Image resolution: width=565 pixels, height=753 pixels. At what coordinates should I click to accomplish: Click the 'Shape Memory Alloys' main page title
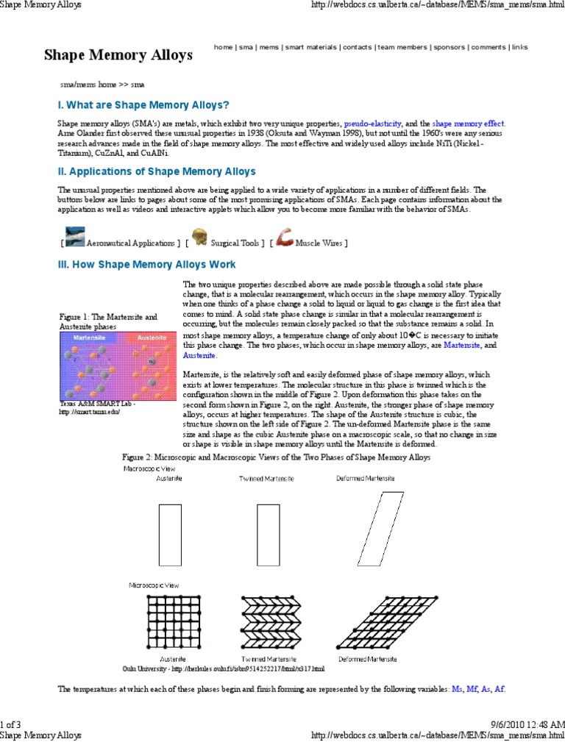click(118, 55)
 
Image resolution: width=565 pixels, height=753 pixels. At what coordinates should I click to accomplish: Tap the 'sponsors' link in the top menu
click(449, 47)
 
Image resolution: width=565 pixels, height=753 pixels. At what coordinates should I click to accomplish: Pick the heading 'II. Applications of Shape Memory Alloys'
click(157, 172)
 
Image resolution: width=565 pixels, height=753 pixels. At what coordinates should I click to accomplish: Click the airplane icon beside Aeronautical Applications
click(74, 238)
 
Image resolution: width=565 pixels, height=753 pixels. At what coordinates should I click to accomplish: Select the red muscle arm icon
click(285, 237)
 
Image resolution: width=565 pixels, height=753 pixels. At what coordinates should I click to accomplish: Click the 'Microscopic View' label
click(152, 585)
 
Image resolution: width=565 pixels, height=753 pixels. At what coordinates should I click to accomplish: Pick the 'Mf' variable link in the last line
click(472, 689)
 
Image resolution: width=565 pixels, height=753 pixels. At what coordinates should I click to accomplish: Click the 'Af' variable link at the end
click(500, 689)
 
